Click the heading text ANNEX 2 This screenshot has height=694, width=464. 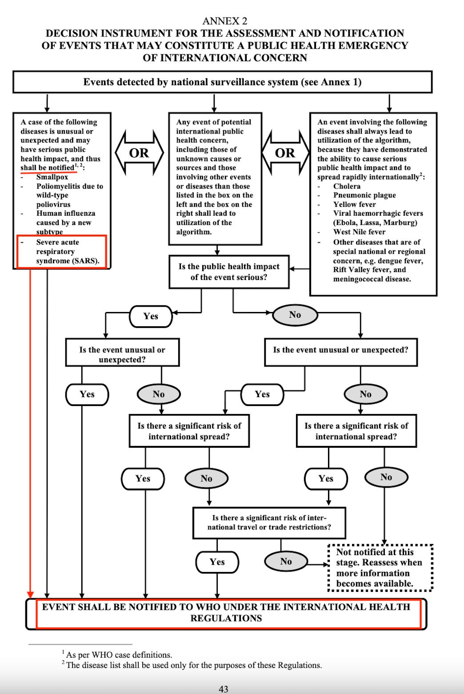tap(225, 21)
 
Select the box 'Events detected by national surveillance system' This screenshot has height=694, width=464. tap(222, 82)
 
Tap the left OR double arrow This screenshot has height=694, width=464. tap(139, 153)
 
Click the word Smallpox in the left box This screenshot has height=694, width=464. tap(52, 177)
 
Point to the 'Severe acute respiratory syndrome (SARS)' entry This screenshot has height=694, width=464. tap(62, 252)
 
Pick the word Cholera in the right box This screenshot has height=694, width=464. tap(347, 186)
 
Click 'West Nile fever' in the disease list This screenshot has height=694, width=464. tap(359, 232)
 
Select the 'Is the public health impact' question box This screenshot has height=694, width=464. tap(229, 272)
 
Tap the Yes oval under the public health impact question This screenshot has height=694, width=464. tap(151, 316)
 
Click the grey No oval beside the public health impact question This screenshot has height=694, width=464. tap(295, 315)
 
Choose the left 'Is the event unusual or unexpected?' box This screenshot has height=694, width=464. tap(122, 354)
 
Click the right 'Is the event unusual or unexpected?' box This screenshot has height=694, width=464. tap(340, 350)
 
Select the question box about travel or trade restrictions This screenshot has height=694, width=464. tap(269, 522)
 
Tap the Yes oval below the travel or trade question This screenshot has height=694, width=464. tap(217, 562)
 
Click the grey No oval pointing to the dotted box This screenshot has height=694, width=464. tap(286, 562)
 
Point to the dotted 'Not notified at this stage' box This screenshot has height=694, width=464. tap(380, 568)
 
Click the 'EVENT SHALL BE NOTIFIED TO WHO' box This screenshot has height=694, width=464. tap(226, 613)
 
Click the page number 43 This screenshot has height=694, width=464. tap(224, 689)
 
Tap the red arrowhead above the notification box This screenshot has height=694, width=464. tap(30, 594)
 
